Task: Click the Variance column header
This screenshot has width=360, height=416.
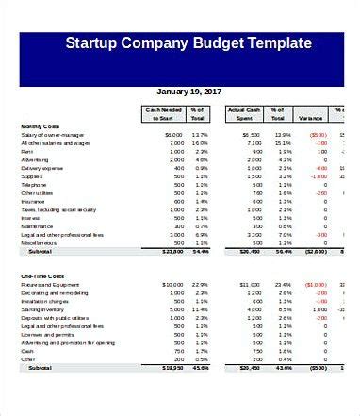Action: coord(311,118)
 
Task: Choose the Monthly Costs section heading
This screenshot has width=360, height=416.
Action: coord(41,126)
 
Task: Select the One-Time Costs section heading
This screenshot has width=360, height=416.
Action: coord(43,275)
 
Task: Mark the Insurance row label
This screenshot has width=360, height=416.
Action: coord(33,201)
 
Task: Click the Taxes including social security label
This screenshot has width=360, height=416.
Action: coord(58,209)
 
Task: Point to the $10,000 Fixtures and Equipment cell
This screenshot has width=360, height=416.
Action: coord(171,284)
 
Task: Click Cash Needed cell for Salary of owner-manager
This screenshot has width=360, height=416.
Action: coord(172,135)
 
